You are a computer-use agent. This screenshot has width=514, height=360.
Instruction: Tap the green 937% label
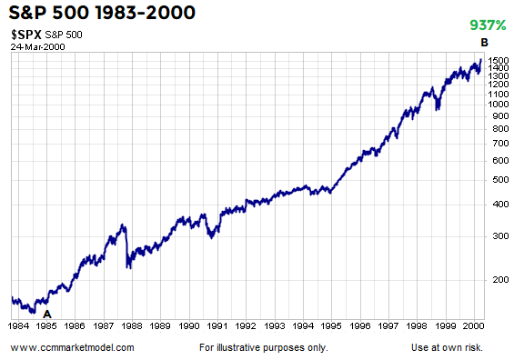tap(487, 25)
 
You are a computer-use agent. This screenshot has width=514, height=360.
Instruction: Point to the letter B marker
tap(484, 43)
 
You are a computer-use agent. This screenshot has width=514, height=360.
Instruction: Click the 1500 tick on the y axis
tap(497, 60)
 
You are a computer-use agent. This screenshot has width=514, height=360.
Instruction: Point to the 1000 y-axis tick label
tap(497, 104)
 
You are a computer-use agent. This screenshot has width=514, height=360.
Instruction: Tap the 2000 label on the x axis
tap(471, 324)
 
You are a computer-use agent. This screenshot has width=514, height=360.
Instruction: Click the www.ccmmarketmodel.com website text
tap(73, 347)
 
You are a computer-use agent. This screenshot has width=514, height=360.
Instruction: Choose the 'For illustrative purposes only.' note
tap(262, 347)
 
